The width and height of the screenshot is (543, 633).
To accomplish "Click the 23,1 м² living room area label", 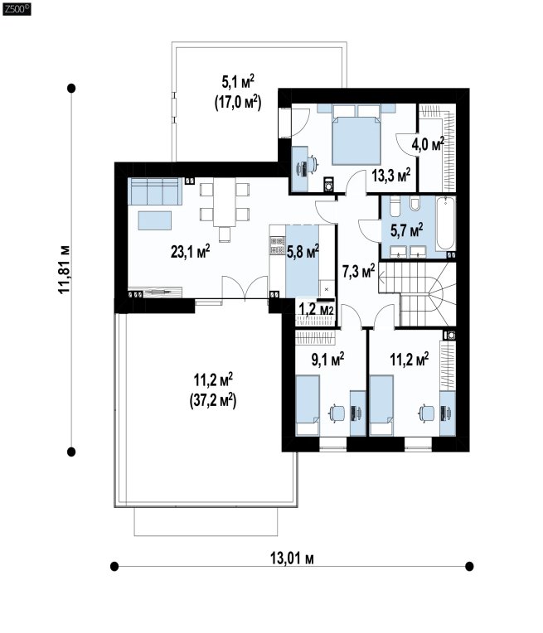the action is (x=191, y=252).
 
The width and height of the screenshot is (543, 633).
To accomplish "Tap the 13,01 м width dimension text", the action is (x=292, y=558).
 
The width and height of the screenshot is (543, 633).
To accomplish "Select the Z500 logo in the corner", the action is (x=17, y=9).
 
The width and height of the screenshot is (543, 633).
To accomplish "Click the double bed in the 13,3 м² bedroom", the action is (x=356, y=134).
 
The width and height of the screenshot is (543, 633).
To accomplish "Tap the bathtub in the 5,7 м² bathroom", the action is (x=446, y=224).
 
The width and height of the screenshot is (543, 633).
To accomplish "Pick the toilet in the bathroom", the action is (x=415, y=204).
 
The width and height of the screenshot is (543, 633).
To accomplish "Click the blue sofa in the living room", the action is (x=153, y=191).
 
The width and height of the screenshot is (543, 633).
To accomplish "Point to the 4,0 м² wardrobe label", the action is (x=428, y=144).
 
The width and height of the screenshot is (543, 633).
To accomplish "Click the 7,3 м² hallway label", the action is (x=358, y=271).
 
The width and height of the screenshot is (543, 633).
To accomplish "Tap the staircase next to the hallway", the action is (x=417, y=294).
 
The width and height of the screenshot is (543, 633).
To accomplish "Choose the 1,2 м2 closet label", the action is (x=316, y=310).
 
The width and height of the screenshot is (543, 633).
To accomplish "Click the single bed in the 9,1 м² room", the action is (x=308, y=405).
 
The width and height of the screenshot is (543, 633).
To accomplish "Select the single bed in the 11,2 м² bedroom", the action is (x=381, y=405).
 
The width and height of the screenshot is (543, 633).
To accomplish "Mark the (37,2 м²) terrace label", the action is (x=213, y=401).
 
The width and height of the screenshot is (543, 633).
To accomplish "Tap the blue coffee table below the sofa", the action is (x=155, y=220).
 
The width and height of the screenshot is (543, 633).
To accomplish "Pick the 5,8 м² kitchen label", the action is (x=303, y=252).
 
